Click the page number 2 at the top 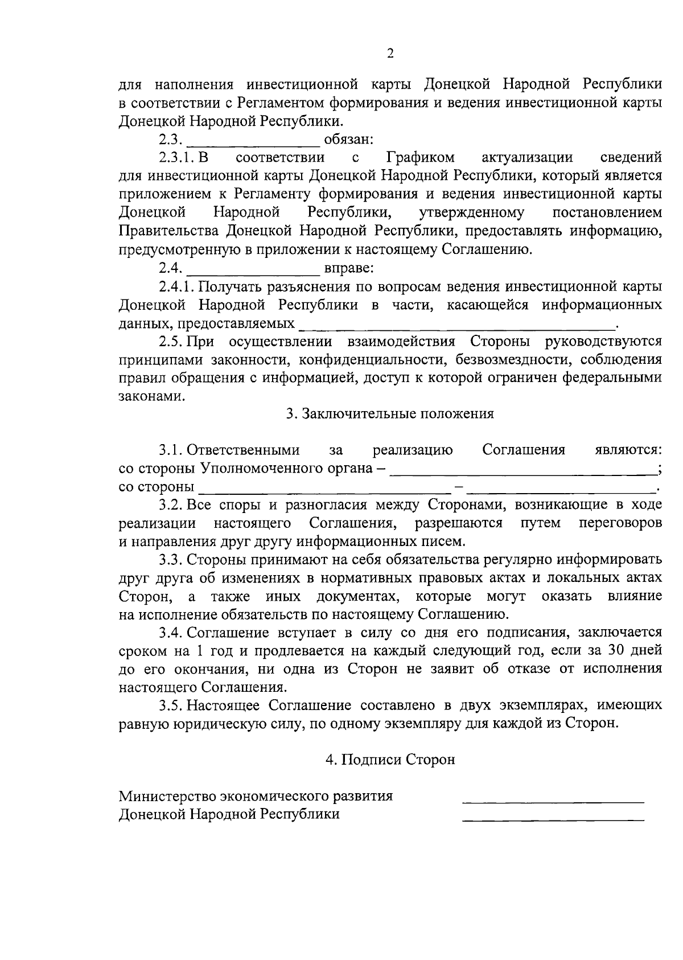pos(390,54)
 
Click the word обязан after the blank pos(348,139)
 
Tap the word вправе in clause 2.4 pos(348,268)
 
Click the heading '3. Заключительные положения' pos(390,413)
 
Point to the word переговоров pos(620,523)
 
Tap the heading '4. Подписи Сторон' pos(390,760)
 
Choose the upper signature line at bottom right pos(553,801)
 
